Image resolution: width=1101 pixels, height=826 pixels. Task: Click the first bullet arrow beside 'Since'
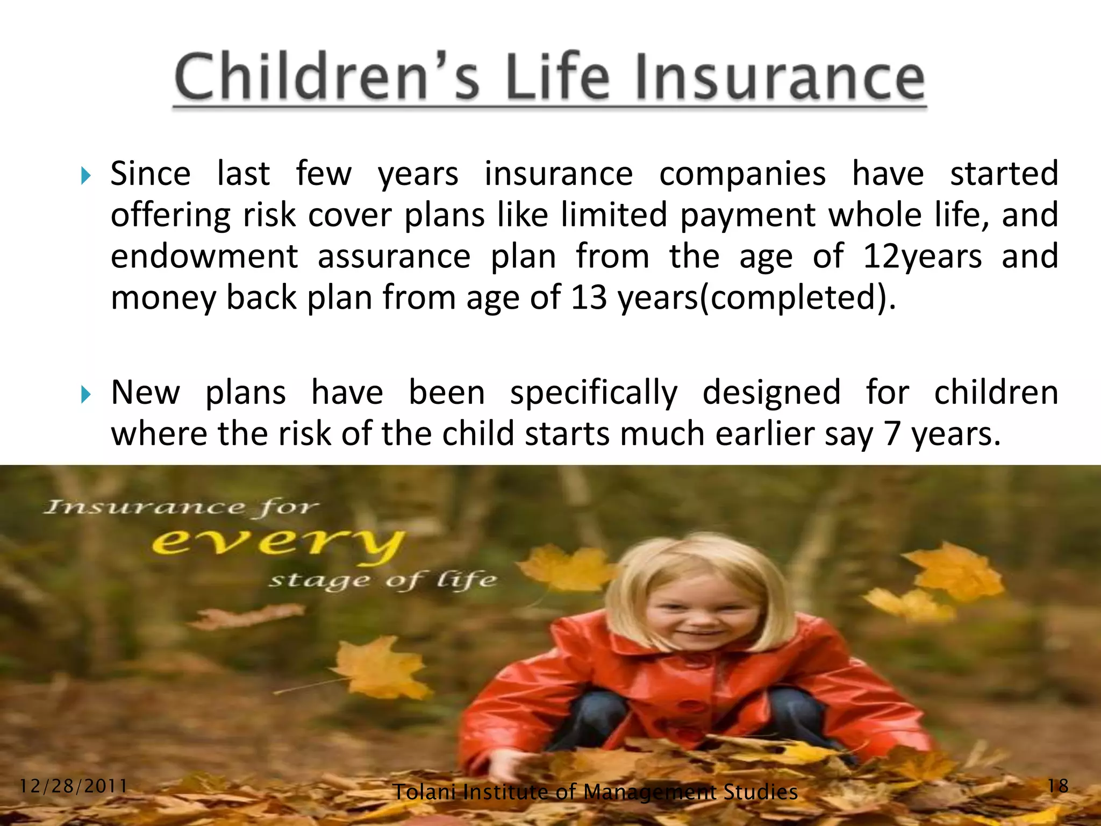[x=85, y=175]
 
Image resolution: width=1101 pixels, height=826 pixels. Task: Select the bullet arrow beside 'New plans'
[x=85, y=395]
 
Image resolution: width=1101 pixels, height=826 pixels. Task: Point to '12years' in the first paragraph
[x=923, y=257]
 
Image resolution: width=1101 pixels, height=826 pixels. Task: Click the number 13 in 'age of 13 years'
[x=589, y=297]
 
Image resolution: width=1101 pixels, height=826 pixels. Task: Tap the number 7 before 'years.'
[x=892, y=434]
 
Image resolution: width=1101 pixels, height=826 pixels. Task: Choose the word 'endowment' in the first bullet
[x=204, y=257]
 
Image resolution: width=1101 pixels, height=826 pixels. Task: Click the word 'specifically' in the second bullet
[x=594, y=393]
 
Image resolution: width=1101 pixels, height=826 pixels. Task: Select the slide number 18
[x=1058, y=786]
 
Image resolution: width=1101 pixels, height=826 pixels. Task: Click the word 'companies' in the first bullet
[x=742, y=174]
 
